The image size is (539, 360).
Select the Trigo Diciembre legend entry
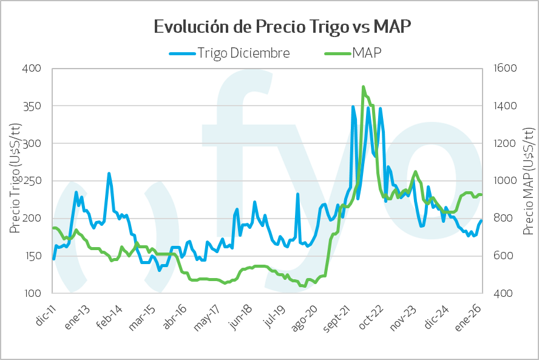243,53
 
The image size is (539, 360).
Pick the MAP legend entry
369,53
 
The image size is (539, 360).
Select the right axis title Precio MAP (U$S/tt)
528,180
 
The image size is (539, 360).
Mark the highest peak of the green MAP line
363,87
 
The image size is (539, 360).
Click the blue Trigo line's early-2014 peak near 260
109,174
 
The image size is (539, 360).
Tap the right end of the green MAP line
481,195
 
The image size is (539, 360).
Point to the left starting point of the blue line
53,259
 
